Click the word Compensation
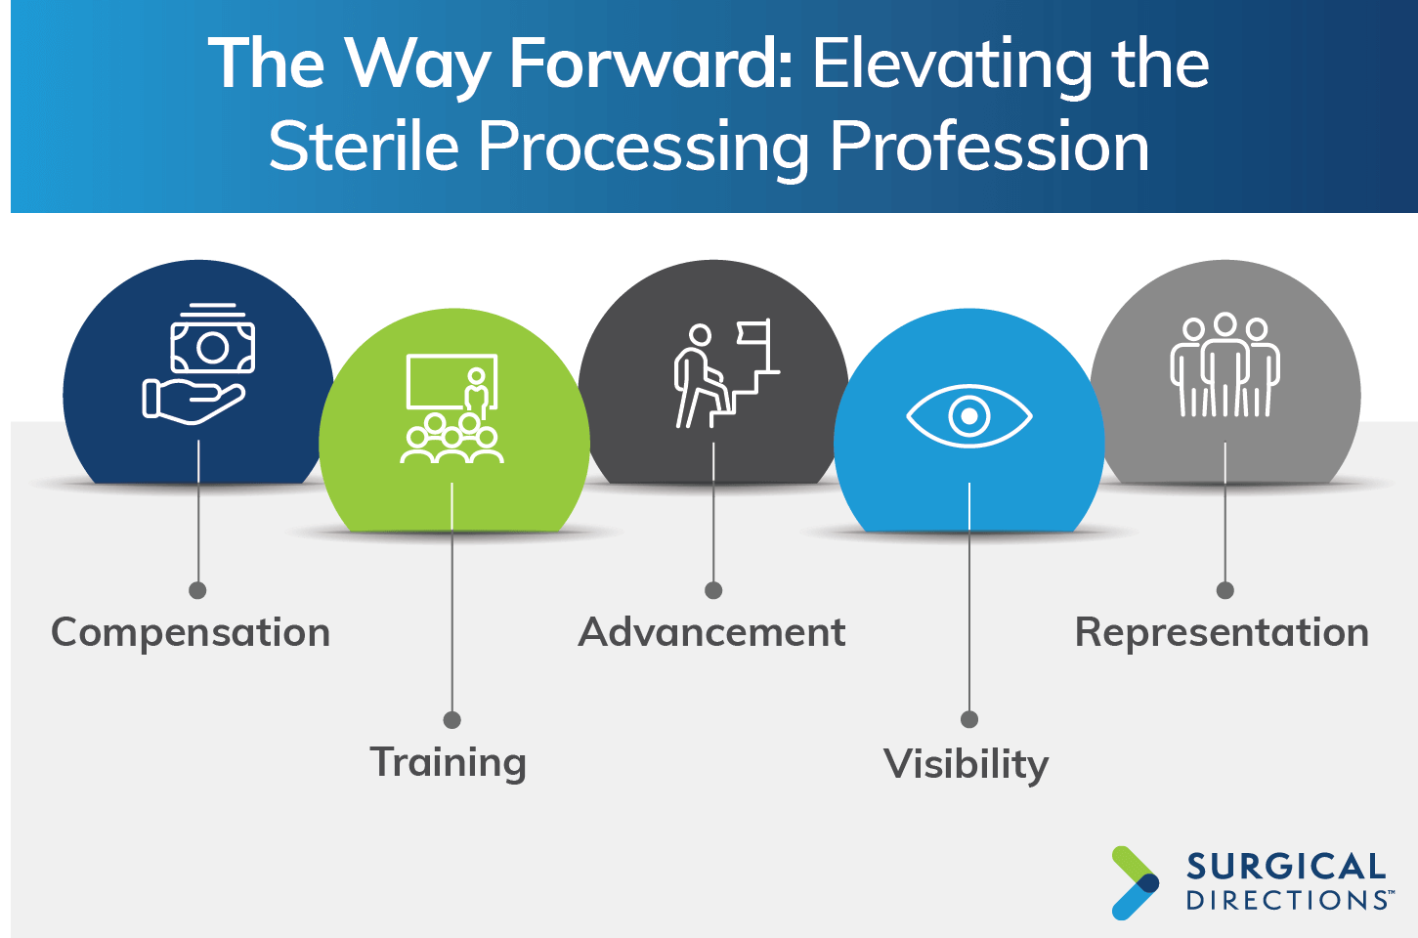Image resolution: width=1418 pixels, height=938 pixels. point(191,632)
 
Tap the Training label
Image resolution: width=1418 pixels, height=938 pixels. point(449,763)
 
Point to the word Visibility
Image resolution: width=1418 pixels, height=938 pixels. point(966,765)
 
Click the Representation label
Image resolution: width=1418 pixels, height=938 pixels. point(1222,632)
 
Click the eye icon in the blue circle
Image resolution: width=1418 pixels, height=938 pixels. point(969,416)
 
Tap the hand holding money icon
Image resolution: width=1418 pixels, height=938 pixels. point(198,363)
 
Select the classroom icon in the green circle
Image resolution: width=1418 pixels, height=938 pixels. point(452,408)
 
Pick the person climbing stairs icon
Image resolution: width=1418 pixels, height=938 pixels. point(727,373)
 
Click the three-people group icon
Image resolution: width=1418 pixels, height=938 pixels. point(1225,364)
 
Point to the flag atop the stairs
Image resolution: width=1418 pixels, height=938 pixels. point(753,333)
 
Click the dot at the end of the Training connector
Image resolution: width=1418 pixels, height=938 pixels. point(452,720)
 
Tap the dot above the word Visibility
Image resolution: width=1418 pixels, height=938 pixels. point(969,719)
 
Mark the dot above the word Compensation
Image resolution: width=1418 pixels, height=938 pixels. point(197,590)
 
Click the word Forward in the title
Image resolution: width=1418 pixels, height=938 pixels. point(651,64)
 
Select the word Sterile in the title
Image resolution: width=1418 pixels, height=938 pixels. point(364,146)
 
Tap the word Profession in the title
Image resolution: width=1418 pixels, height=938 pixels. point(989,146)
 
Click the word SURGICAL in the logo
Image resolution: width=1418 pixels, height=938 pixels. point(1286,867)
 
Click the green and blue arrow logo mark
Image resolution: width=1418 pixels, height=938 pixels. point(1136,883)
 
